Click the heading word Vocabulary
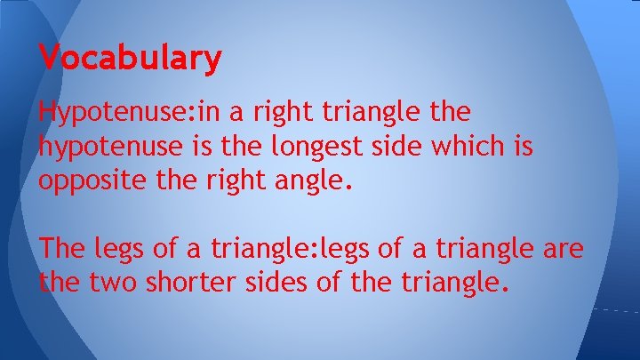[131, 60]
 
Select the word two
[114, 284]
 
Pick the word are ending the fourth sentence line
[563, 250]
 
